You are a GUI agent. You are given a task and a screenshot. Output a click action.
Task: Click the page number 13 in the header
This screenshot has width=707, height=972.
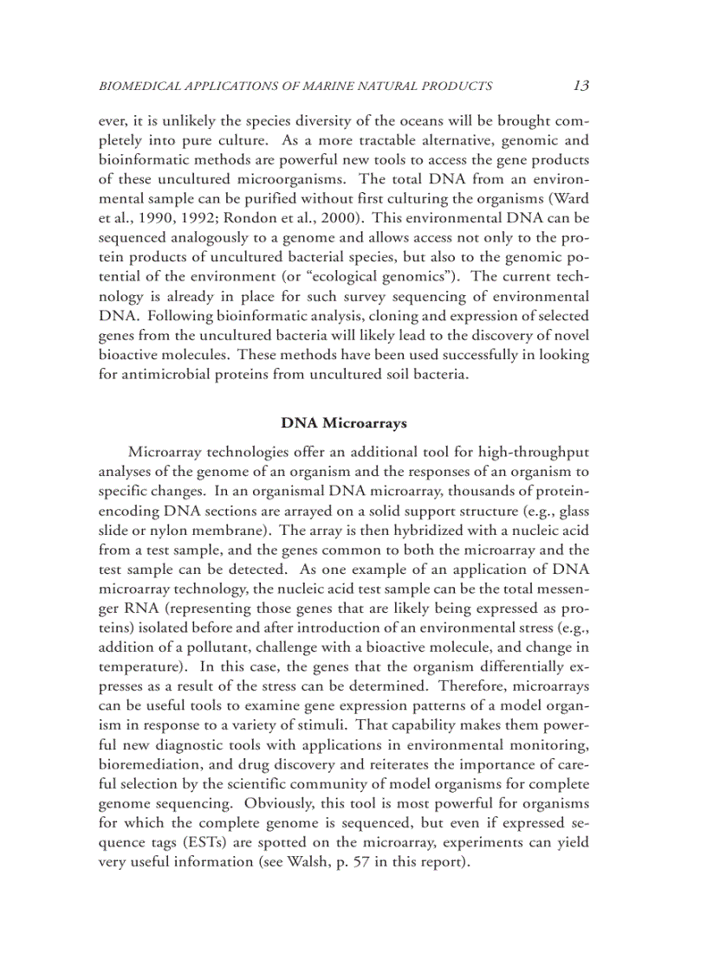581,85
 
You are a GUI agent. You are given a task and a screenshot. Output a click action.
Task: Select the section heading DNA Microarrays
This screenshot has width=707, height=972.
344,423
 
